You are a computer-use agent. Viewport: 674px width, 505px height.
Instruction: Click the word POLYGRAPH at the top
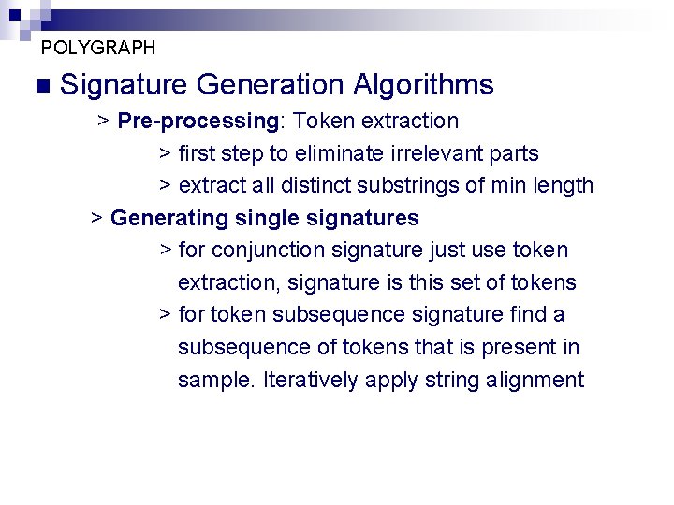click(98, 47)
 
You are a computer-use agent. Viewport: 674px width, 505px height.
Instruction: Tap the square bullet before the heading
click(39, 86)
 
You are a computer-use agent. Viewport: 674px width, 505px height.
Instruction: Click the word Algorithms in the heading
click(423, 85)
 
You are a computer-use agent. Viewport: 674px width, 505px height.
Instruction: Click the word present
click(520, 347)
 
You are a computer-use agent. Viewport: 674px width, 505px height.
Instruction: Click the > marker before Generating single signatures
click(96, 218)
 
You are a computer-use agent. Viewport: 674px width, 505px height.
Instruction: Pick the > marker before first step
click(165, 153)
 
